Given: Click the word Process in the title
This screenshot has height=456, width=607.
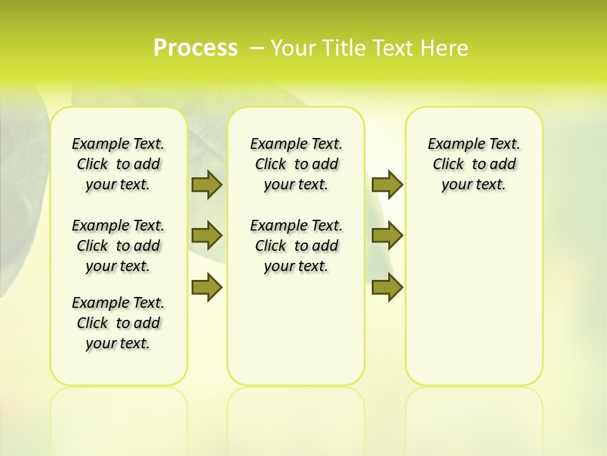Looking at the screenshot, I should click(x=195, y=48).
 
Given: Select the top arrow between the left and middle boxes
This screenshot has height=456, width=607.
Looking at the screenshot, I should click(x=206, y=185).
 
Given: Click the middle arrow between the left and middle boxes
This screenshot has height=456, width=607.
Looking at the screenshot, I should click(x=206, y=236).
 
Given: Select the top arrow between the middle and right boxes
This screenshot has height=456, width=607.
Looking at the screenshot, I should click(x=387, y=185).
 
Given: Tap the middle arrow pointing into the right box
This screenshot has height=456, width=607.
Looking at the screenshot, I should click(x=387, y=236).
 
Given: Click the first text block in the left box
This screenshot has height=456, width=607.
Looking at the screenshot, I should click(x=118, y=164).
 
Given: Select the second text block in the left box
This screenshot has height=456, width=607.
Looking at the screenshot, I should click(x=118, y=246).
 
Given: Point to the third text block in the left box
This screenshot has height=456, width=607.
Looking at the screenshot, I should click(x=118, y=323).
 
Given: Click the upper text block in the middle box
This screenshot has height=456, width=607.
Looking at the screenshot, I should click(x=296, y=164).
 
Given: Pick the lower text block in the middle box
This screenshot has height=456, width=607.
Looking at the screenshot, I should click(x=296, y=246).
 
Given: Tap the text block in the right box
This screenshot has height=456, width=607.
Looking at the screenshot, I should click(x=474, y=164).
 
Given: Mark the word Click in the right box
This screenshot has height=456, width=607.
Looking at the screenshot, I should click(x=448, y=165).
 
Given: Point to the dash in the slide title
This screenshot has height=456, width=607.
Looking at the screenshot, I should click(x=257, y=48).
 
